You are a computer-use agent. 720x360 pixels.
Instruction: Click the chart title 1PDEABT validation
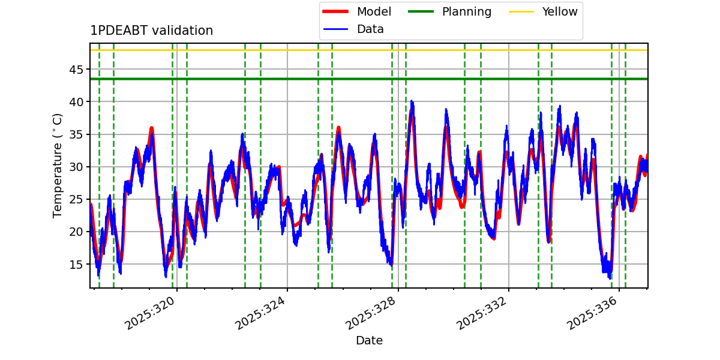(151, 31)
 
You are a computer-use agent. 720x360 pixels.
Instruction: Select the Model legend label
(374, 11)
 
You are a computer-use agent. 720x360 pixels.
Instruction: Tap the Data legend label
(370, 29)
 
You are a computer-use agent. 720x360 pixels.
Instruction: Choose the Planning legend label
(467, 11)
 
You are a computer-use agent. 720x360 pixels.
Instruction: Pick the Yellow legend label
(560, 11)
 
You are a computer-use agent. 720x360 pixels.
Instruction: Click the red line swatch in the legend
(335, 11)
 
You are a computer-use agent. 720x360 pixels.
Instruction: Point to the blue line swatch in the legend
(335, 29)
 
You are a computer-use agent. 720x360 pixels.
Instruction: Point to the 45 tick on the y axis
(76, 70)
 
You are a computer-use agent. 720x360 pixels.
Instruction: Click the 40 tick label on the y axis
(76, 102)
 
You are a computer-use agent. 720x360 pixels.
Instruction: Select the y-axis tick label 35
(76, 134)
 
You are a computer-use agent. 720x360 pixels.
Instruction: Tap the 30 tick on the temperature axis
(76, 167)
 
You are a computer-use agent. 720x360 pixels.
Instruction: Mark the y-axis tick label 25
(76, 199)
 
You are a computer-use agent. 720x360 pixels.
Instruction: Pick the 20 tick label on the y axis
(76, 232)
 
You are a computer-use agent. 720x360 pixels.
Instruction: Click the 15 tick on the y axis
(76, 264)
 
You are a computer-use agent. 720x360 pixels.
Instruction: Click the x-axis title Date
(369, 340)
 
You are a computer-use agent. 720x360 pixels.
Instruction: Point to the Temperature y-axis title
(57, 166)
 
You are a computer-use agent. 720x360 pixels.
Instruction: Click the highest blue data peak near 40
(412, 102)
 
